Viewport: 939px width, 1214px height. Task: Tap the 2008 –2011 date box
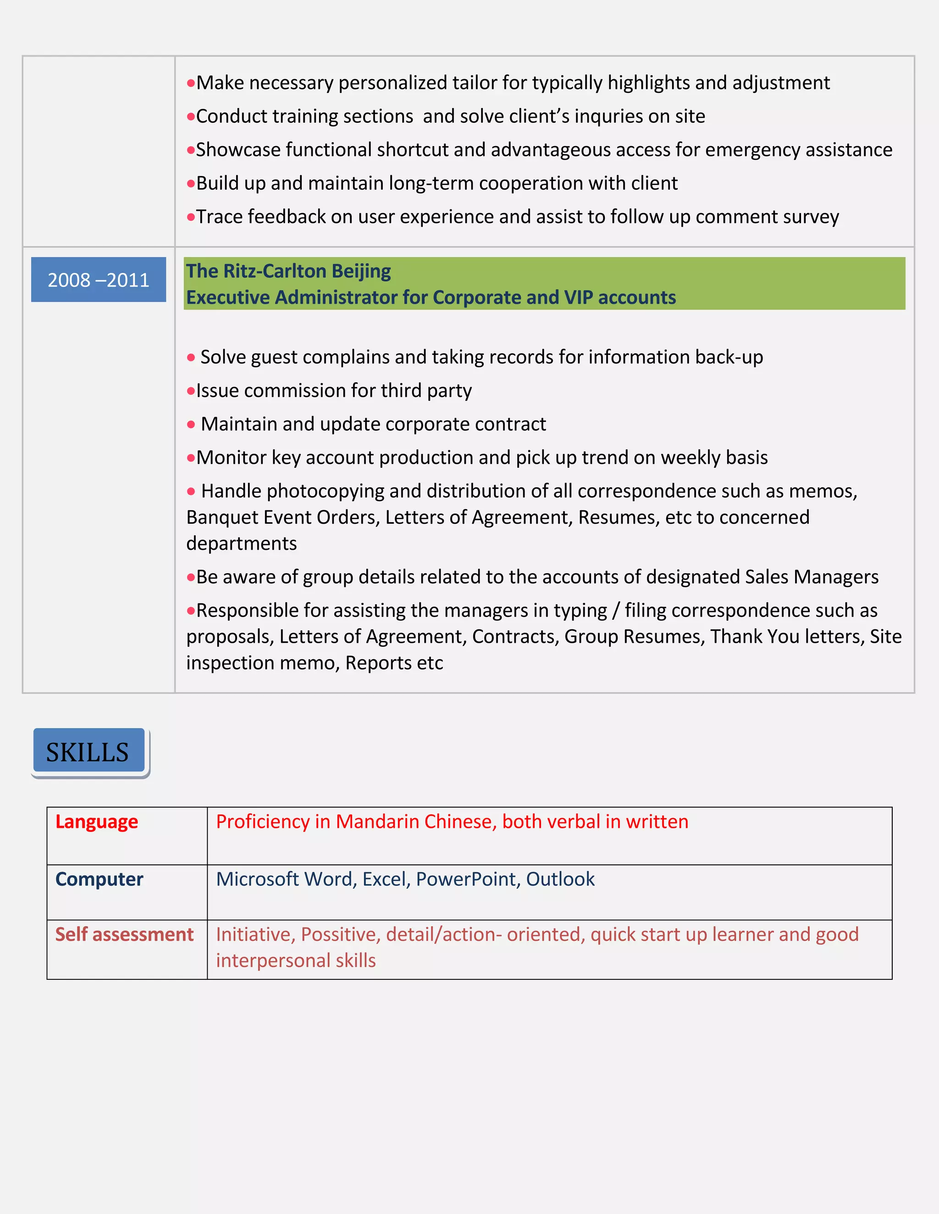(x=99, y=279)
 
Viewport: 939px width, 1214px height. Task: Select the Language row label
(x=96, y=821)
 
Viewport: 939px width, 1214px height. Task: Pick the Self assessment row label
(x=124, y=935)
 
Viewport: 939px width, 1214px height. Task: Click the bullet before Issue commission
(x=191, y=391)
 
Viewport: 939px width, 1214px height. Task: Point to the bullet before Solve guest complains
(x=191, y=357)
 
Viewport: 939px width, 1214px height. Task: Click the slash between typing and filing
(x=616, y=610)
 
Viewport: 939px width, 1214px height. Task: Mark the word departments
(x=242, y=544)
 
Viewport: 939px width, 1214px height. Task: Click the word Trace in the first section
(x=219, y=217)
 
